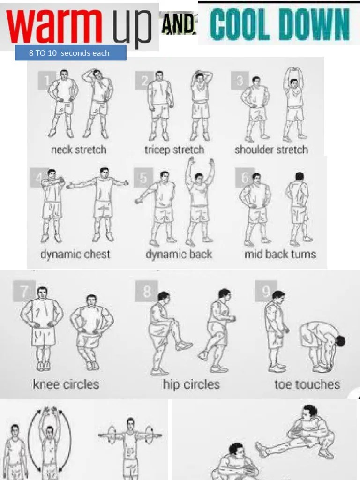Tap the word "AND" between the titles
click(178, 23)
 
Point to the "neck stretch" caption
click(79, 150)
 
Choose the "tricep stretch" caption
click(174, 150)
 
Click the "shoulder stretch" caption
click(271, 150)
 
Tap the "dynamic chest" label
click(75, 255)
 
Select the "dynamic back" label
click(179, 255)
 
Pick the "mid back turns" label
click(280, 255)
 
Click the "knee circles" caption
click(66, 385)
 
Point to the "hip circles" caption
click(191, 385)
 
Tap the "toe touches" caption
click(307, 385)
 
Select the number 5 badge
click(143, 178)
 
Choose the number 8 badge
click(147, 292)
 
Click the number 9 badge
click(266, 292)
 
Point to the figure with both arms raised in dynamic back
click(199, 202)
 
